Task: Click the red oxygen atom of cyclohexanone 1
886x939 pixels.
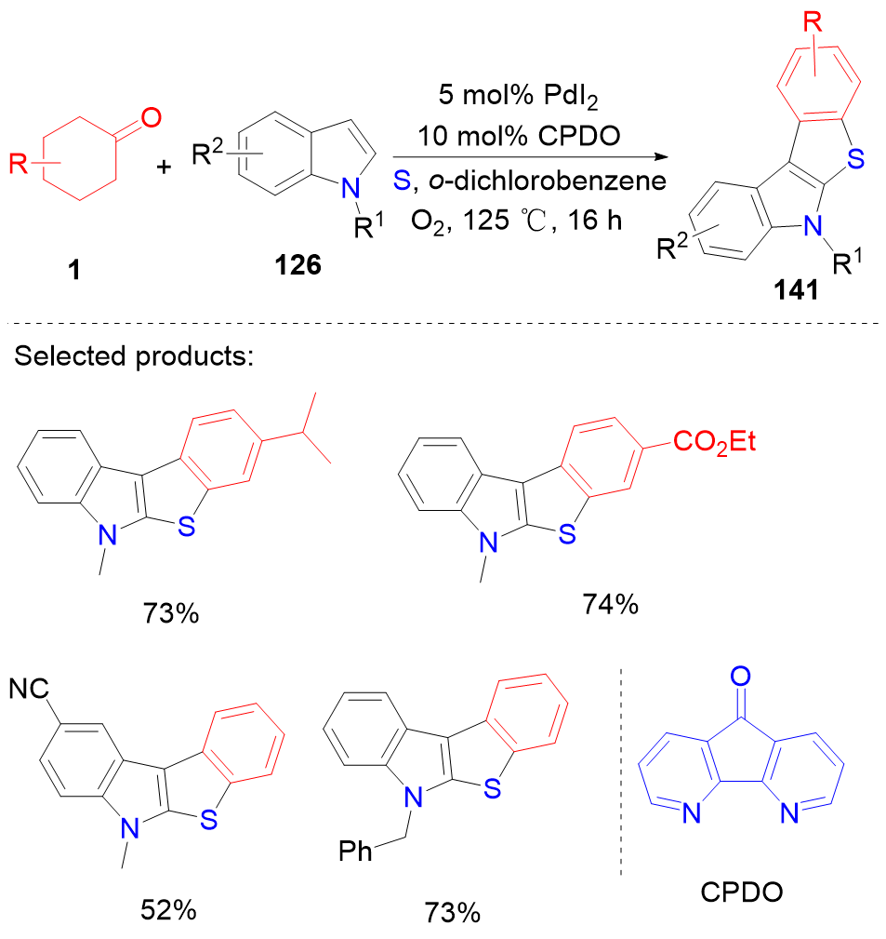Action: [x=152, y=118]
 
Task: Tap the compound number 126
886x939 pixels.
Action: [x=298, y=265]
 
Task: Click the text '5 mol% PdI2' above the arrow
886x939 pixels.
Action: [x=527, y=95]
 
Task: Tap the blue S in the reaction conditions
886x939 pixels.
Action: [x=401, y=181]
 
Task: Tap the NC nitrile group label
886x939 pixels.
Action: [x=29, y=690]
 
